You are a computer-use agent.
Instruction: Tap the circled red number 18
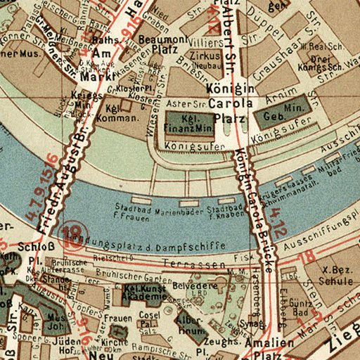pyautogui.click(x=72, y=232)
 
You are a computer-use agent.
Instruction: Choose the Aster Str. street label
pyautogui.click(x=179, y=103)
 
